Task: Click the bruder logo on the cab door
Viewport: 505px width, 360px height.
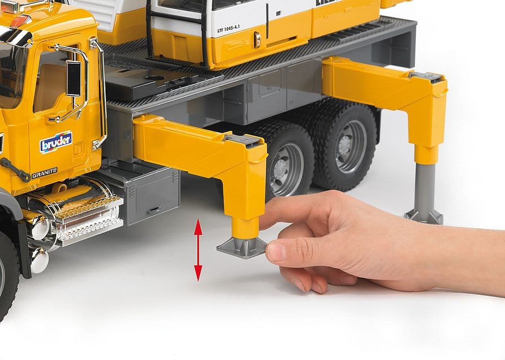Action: [x=55, y=142]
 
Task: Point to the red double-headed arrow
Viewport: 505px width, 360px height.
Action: [x=198, y=250]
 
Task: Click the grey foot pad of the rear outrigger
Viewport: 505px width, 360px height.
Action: [x=423, y=216]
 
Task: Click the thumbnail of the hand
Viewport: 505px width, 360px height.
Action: [x=276, y=252]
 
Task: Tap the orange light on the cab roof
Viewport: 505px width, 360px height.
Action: [x=20, y=21]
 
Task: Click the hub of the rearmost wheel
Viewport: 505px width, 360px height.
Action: [x=352, y=147]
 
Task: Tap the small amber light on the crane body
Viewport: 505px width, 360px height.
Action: [x=256, y=39]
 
